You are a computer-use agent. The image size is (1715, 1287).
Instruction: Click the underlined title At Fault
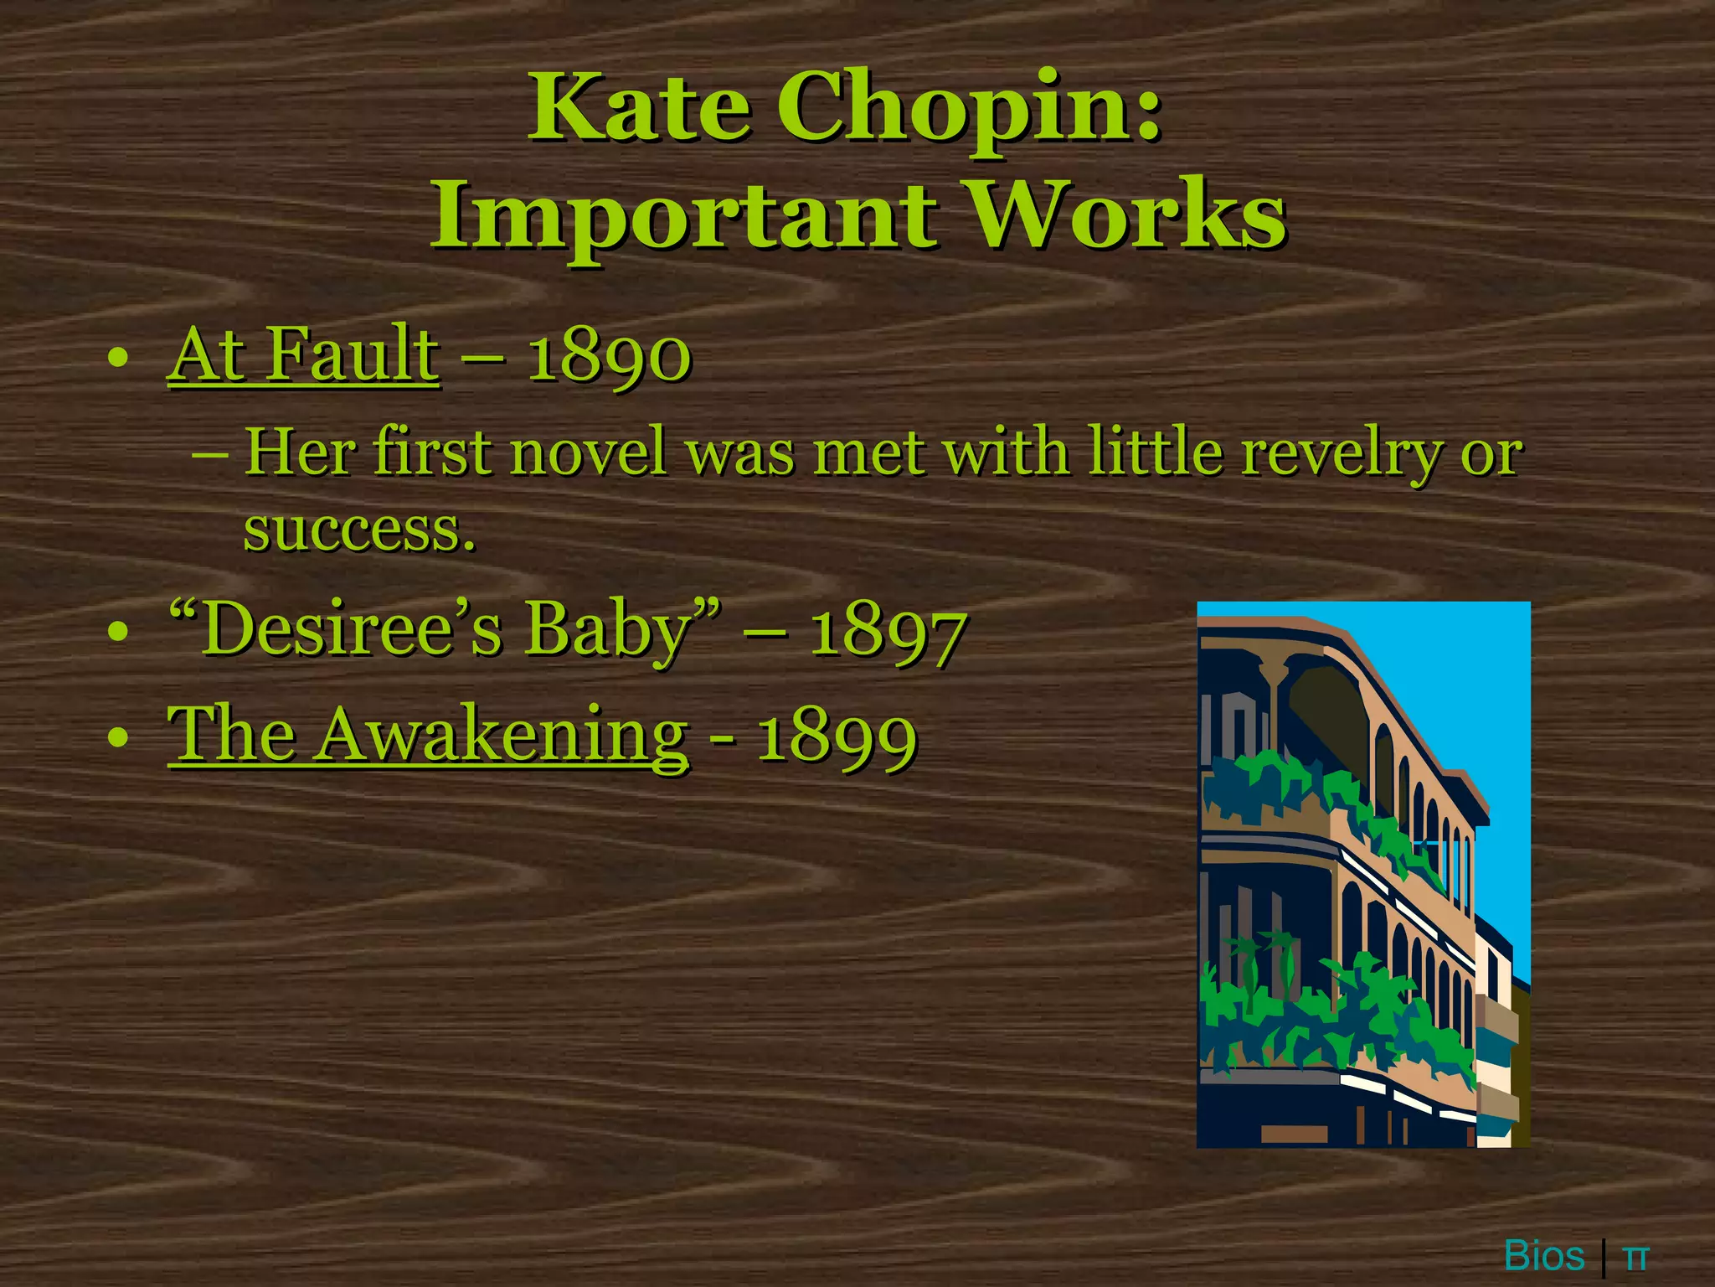click(x=303, y=355)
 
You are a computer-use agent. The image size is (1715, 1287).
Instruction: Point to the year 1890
click(x=609, y=357)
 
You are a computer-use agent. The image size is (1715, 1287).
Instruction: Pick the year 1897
click(x=888, y=633)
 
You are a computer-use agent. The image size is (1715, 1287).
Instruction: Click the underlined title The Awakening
click(x=428, y=735)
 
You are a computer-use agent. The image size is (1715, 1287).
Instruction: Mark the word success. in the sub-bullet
click(x=359, y=530)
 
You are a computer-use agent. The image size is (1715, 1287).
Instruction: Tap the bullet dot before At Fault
click(x=118, y=359)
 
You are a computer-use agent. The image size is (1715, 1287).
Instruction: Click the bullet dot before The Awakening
click(x=118, y=737)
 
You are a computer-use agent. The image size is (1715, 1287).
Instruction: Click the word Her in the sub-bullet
click(x=296, y=452)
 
